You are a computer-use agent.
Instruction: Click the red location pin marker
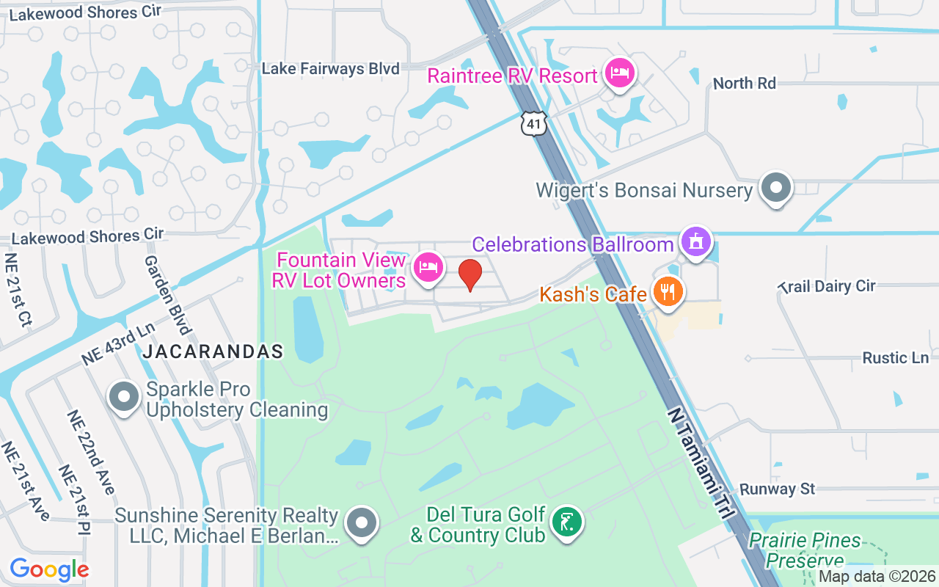click(x=470, y=275)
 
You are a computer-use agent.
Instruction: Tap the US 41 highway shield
click(x=534, y=123)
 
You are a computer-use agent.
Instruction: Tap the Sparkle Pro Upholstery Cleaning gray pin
click(x=124, y=397)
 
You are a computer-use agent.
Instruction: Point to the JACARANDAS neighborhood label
click(x=213, y=351)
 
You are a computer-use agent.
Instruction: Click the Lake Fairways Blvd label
click(x=330, y=69)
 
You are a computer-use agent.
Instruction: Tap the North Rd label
click(x=744, y=83)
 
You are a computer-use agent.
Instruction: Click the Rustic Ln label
click(x=895, y=358)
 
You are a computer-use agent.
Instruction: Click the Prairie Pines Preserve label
click(x=805, y=550)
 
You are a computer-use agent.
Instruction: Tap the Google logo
click(x=48, y=569)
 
